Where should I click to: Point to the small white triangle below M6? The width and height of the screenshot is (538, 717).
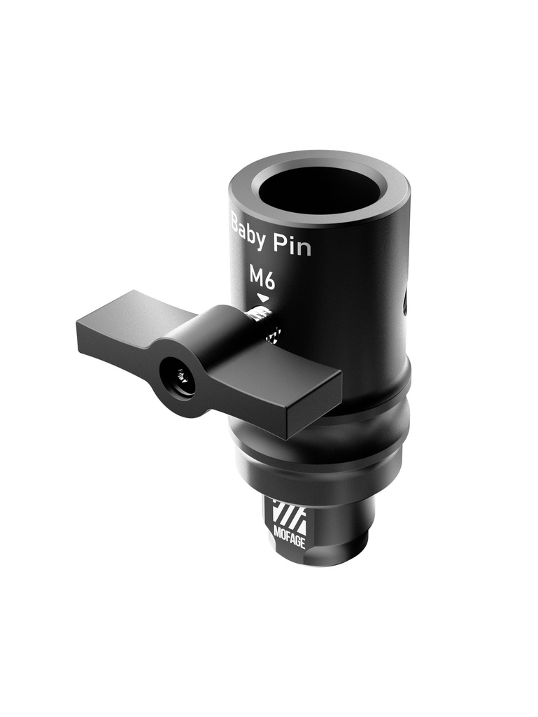click(x=262, y=298)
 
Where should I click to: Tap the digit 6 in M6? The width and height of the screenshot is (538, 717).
click(x=269, y=280)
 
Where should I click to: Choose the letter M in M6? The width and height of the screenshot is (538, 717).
click(x=256, y=277)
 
